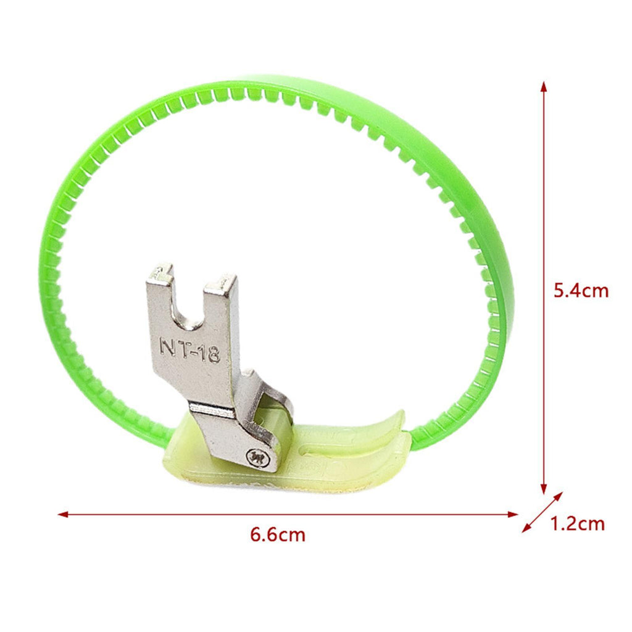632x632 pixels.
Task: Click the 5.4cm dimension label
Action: pos(581,291)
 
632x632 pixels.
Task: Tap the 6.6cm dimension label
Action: pos(278,535)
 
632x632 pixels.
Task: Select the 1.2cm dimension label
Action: pos(577,524)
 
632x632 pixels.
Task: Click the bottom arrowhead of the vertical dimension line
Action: pos(544,489)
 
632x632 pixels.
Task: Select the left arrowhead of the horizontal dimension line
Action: pos(63,514)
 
